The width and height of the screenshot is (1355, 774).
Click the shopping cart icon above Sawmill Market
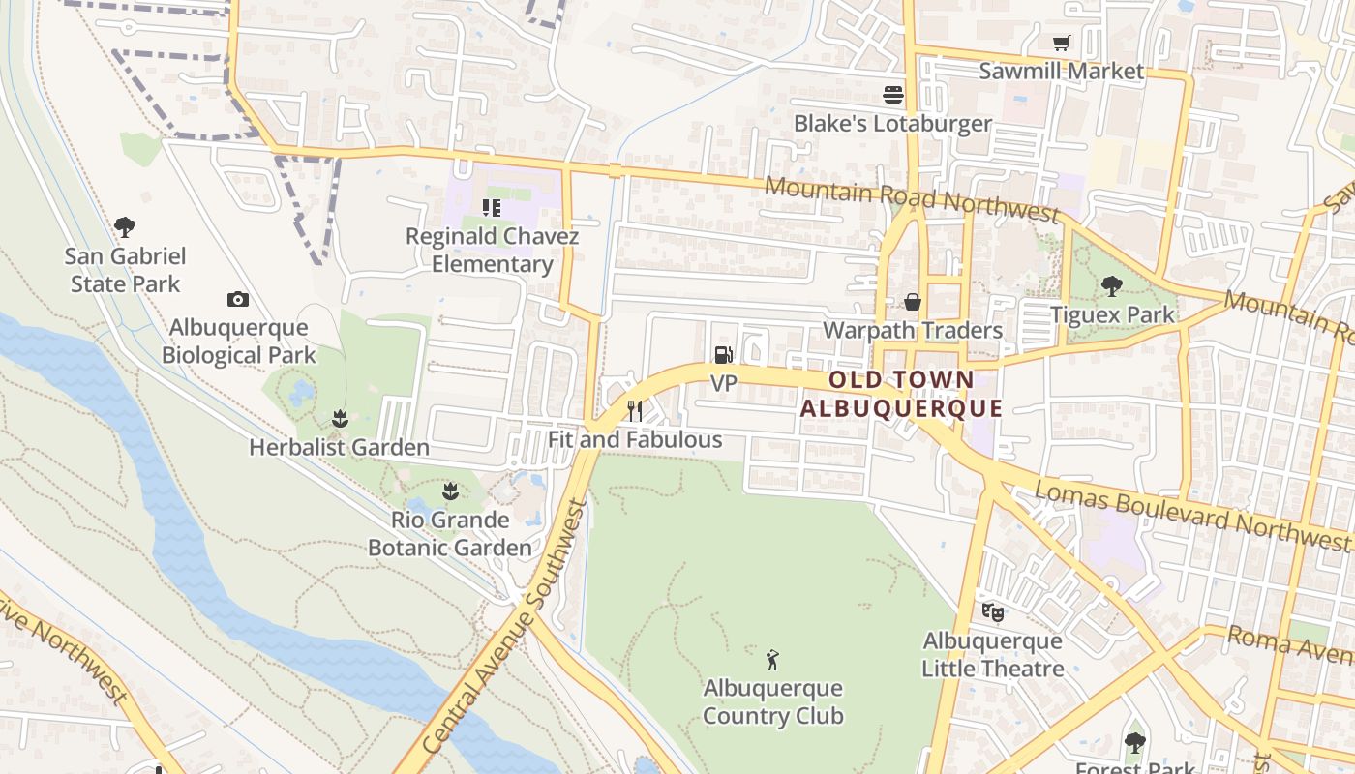[1062, 44]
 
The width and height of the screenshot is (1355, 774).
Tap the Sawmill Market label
[1062, 71]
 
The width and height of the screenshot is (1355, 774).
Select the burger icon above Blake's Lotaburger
[892, 95]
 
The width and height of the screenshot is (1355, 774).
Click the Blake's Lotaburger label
[892, 124]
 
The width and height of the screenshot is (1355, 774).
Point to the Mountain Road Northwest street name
[912, 198]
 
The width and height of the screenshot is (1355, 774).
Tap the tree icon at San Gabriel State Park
[125, 228]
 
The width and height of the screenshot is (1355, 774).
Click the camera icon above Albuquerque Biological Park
[237, 300]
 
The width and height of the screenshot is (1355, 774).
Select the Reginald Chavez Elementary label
[492, 251]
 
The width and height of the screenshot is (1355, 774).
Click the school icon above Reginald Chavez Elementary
[492, 208]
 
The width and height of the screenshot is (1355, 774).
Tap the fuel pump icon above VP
[723, 355]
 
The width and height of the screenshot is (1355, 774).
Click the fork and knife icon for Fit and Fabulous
[635, 411]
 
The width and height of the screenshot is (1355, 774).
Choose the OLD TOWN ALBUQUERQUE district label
[901, 394]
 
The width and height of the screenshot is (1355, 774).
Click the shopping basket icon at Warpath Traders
[912, 302]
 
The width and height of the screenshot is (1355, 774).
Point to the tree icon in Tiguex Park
[1112, 286]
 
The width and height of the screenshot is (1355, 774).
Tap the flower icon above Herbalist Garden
[339, 419]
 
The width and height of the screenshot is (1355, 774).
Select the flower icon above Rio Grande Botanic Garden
[450, 491]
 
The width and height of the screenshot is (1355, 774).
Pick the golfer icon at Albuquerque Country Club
[772, 661]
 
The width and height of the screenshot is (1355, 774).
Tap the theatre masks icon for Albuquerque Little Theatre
[992, 612]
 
